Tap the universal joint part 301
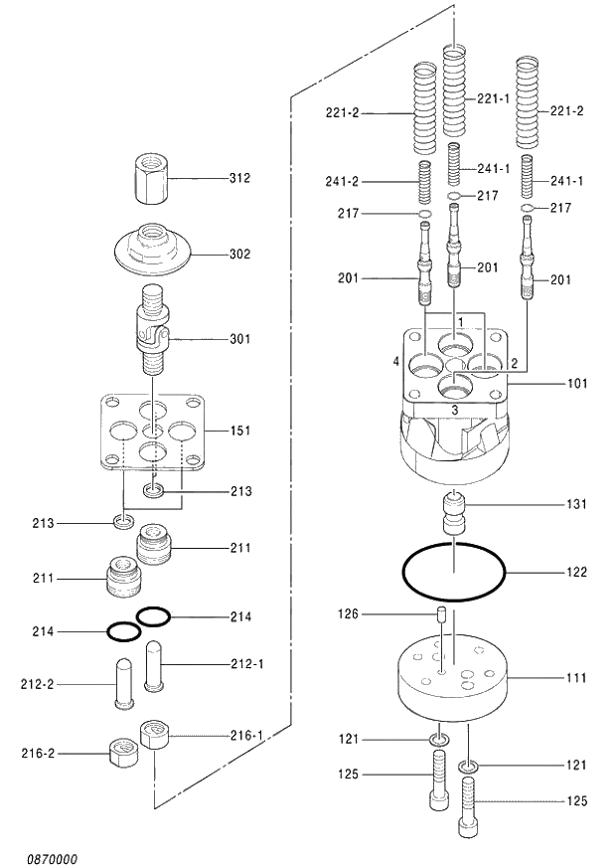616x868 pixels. pos(152,328)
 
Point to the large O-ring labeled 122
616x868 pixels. pos(454,573)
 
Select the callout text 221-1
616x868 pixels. pos(493,98)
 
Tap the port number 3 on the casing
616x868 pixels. pos(454,409)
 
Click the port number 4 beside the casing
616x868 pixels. pos(395,363)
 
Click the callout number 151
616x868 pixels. pos(239,431)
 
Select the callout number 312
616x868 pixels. pos(239,178)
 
